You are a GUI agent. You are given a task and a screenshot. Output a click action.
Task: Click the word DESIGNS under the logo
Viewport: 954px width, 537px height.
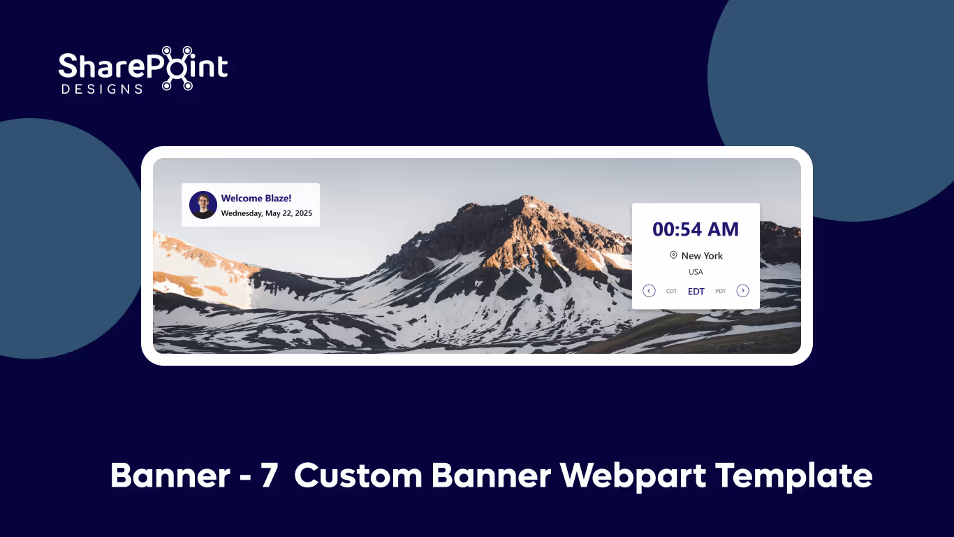coord(102,89)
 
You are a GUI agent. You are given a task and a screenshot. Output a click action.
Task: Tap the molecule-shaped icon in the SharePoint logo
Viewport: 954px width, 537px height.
coord(177,69)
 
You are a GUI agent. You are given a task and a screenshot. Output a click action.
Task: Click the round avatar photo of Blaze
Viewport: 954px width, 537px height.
coord(203,205)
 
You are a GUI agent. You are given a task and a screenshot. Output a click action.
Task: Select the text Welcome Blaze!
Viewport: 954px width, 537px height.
coord(256,199)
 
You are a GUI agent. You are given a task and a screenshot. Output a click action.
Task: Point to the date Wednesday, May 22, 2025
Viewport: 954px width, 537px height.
coord(266,213)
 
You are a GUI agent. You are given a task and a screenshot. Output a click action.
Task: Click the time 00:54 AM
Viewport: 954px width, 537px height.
coord(695,229)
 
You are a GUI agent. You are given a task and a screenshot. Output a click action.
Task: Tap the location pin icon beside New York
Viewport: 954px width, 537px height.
coord(673,255)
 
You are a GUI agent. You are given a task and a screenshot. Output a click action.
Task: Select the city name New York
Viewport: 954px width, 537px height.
coord(702,256)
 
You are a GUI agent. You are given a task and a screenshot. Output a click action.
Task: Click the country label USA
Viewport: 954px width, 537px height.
coord(696,272)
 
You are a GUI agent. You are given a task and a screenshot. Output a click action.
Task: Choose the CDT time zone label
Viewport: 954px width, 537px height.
coord(671,292)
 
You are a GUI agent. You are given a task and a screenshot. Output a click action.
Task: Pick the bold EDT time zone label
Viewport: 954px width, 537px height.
coord(696,292)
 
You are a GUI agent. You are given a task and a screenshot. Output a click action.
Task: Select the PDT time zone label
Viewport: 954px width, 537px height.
coord(720,292)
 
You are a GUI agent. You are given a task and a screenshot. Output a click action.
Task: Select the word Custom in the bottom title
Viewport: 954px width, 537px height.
coord(358,476)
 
